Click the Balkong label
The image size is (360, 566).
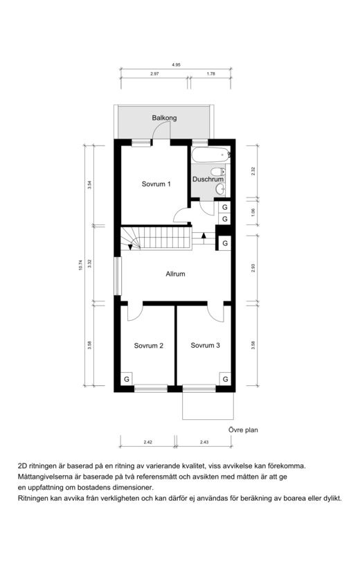[164, 118]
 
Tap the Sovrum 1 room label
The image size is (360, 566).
[156, 184]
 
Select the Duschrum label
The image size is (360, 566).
[208, 179]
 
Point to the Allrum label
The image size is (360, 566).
[175, 274]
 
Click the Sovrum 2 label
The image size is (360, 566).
[149, 346]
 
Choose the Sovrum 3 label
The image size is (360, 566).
[205, 346]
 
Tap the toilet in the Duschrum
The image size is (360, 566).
[219, 171]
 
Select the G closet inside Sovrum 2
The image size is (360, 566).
[127, 379]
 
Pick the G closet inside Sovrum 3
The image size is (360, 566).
[225, 379]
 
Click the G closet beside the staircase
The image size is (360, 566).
[225, 243]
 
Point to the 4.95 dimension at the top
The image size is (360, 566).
[176, 65]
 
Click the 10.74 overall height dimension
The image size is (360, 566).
[81, 265]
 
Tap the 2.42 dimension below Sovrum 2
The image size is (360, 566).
[148, 442]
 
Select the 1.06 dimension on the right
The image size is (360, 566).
[253, 212]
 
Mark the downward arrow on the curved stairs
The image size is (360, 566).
[130, 247]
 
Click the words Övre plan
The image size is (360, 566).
[243, 430]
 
